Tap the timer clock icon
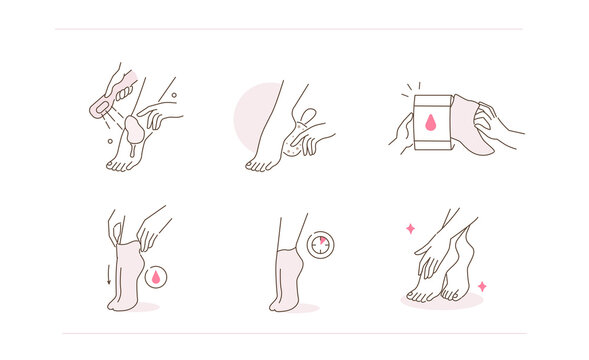(321, 244)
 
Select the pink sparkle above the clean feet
(410, 229)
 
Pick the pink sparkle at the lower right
(482, 286)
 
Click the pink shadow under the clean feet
(440, 301)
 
